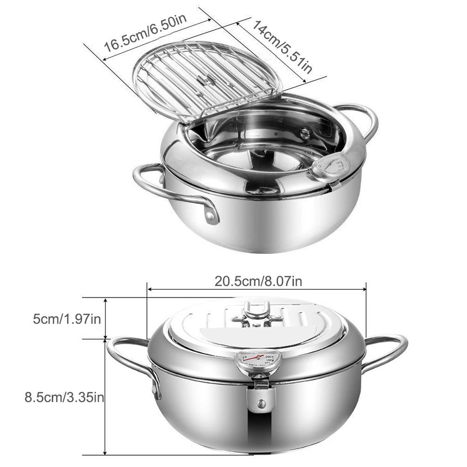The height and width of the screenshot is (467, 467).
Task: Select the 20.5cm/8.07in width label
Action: (258, 281)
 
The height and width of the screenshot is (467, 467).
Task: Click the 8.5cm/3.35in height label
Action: (64, 397)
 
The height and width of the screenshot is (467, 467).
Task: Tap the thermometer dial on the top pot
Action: (334, 166)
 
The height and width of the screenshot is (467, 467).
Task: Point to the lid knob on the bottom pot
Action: (257, 313)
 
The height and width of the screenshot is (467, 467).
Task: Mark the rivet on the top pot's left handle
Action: (212, 216)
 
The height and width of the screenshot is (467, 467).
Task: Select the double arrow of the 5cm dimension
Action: (105, 319)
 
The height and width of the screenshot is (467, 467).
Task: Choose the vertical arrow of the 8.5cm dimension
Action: (105, 397)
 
